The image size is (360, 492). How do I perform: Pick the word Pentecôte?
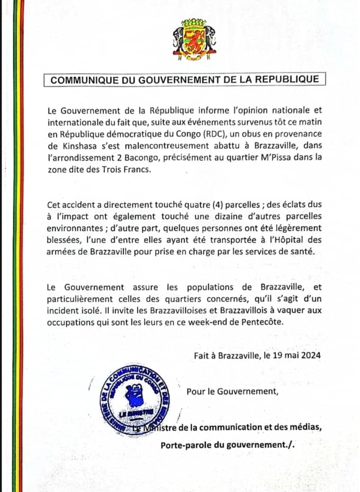coord(264,321)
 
